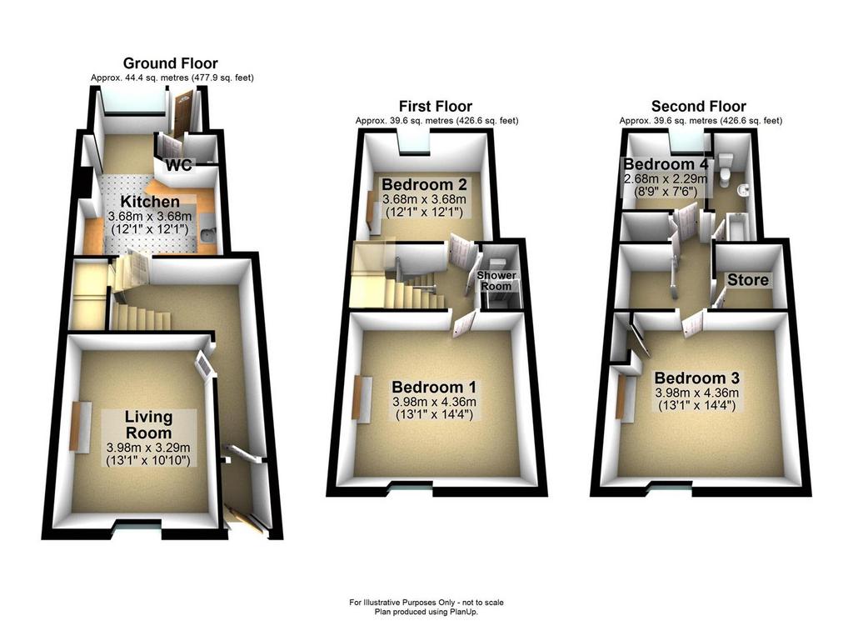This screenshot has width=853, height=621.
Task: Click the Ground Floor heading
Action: pyautogui.click(x=170, y=63)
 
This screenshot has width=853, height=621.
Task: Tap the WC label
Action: pyautogui.click(x=179, y=165)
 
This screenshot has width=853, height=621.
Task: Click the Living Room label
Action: pyautogui.click(x=148, y=424)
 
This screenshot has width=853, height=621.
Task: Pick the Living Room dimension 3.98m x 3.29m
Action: pyautogui.click(x=148, y=448)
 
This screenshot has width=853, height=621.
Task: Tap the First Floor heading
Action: pyautogui.click(x=435, y=106)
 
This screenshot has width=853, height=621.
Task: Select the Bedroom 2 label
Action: pyautogui.click(x=424, y=184)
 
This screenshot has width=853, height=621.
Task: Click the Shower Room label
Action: pyautogui.click(x=496, y=281)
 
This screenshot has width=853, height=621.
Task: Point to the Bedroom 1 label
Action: pyautogui.click(x=433, y=387)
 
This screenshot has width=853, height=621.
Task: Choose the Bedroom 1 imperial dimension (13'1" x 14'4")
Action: pyautogui.click(x=433, y=415)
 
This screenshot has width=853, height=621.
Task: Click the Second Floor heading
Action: pyautogui.click(x=699, y=106)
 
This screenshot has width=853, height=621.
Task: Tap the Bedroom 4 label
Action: pyautogui.click(x=666, y=164)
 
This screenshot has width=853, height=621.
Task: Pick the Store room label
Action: pyautogui.click(x=748, y=280)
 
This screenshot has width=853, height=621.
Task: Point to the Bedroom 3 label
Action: pyautogui.click(x=697, y=378)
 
